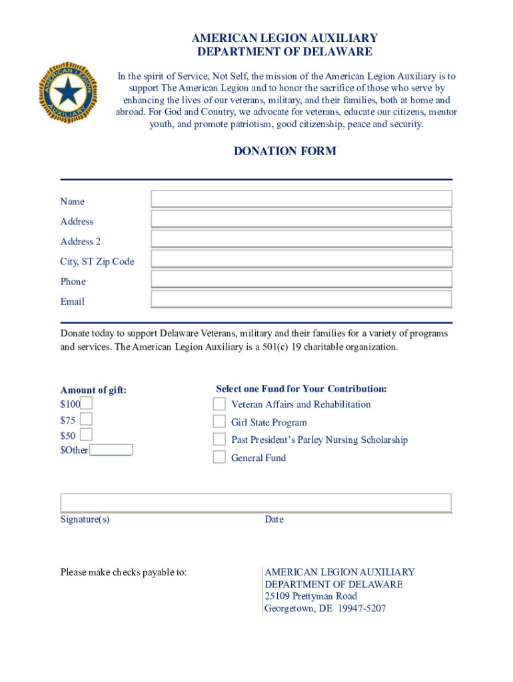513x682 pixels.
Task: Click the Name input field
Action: (x=301, y=198)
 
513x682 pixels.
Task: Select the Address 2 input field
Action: (x=301, y=238)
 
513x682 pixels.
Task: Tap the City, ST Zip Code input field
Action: (x=301, y=258)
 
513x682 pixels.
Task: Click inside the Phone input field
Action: (x=301, y=278)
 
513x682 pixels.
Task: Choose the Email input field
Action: (x=301, y=298)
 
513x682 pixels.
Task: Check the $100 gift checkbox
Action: (x=87, y=403)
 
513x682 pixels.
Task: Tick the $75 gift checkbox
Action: (x=87, y=419)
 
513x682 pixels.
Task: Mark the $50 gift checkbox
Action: (x=87, y=435)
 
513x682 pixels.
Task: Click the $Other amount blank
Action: (x=111, y=450)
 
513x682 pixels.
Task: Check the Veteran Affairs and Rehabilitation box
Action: (x=219, y=404)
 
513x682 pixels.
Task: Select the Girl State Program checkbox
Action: (x=219, y=422)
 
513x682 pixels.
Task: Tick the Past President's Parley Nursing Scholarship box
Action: (x=219, y=439)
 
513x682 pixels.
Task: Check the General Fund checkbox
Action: (x=219, y=457)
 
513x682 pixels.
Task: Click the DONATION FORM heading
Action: (x=284, y=151)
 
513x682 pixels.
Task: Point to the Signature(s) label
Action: (x=85, y=519)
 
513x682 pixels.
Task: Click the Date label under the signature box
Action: (x=274, y=519)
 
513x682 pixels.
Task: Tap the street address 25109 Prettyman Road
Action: (x=310, y=596)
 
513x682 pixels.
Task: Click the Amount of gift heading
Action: (x=93, y=390)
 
